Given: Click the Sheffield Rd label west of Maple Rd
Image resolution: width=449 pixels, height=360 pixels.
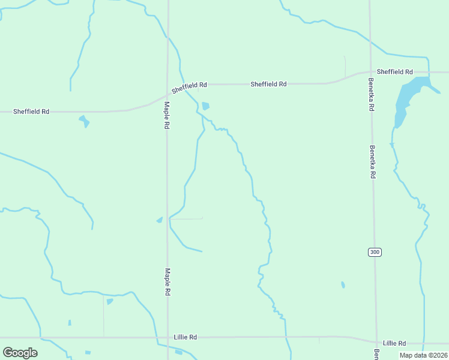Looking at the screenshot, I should tap(31, 112).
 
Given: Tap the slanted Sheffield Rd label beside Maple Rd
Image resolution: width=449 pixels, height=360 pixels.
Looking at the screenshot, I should tap(189, 88).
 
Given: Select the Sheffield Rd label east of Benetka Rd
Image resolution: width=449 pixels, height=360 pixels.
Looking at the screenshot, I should tap(395, 72).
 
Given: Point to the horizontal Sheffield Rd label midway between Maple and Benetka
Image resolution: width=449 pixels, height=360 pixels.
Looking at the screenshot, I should tap(268, 85).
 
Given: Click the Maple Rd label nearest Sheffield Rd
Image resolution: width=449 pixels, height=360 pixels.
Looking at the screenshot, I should tap(167, 116).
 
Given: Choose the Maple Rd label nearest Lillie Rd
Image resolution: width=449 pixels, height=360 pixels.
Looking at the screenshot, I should tap(167, 283).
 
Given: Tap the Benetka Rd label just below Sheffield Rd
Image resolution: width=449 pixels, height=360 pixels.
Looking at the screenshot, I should tap(372, 94).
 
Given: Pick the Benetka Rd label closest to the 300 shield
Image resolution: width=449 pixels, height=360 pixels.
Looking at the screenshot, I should tap(373, 162).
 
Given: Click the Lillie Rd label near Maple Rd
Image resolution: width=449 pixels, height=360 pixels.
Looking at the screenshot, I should tap(185, 337).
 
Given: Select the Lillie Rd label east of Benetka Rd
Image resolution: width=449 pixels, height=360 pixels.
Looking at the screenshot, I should tap(394, 343).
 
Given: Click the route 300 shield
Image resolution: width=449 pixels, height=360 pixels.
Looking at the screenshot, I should tap(375, 252).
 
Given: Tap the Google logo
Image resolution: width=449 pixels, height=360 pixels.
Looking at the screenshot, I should tap(20, 353).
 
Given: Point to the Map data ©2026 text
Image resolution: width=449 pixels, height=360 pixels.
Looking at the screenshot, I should tap(423, 355).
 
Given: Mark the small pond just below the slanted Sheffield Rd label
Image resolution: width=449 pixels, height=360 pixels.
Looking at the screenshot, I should tap(206, 106).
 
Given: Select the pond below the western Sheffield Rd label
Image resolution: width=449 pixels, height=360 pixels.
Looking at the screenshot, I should tap(84, 121).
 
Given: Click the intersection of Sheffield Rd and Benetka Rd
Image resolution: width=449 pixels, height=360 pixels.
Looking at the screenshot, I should tap(370, 73).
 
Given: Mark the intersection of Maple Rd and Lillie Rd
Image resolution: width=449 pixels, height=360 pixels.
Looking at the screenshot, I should tap(167, 337).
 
